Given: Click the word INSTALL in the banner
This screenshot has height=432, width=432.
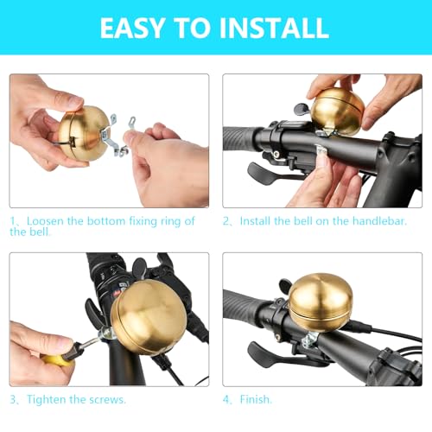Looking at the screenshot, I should pyautogui.click(x=275, y=27).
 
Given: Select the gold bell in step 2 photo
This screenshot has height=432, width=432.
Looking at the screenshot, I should pyautogui.click(x=338, y=111).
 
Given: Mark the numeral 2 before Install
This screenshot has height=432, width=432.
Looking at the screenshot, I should pyautogui.click(x=226, y=221).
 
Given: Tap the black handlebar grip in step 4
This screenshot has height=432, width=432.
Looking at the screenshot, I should pyautogui.click(x=246, y=307).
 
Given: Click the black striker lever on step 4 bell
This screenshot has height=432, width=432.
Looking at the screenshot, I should pyautogui.click(x=286, y=285).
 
